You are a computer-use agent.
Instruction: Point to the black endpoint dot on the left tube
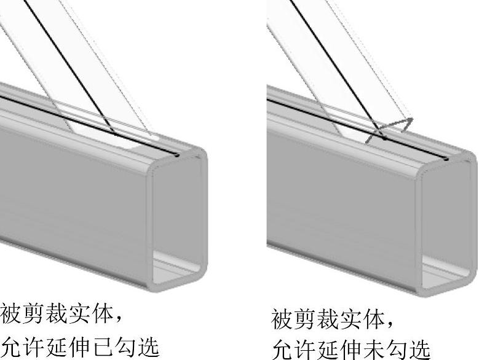pyautogui.click(x=178, y=156)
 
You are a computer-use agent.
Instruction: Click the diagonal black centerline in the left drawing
pyautogui.click(x=68, y=68)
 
